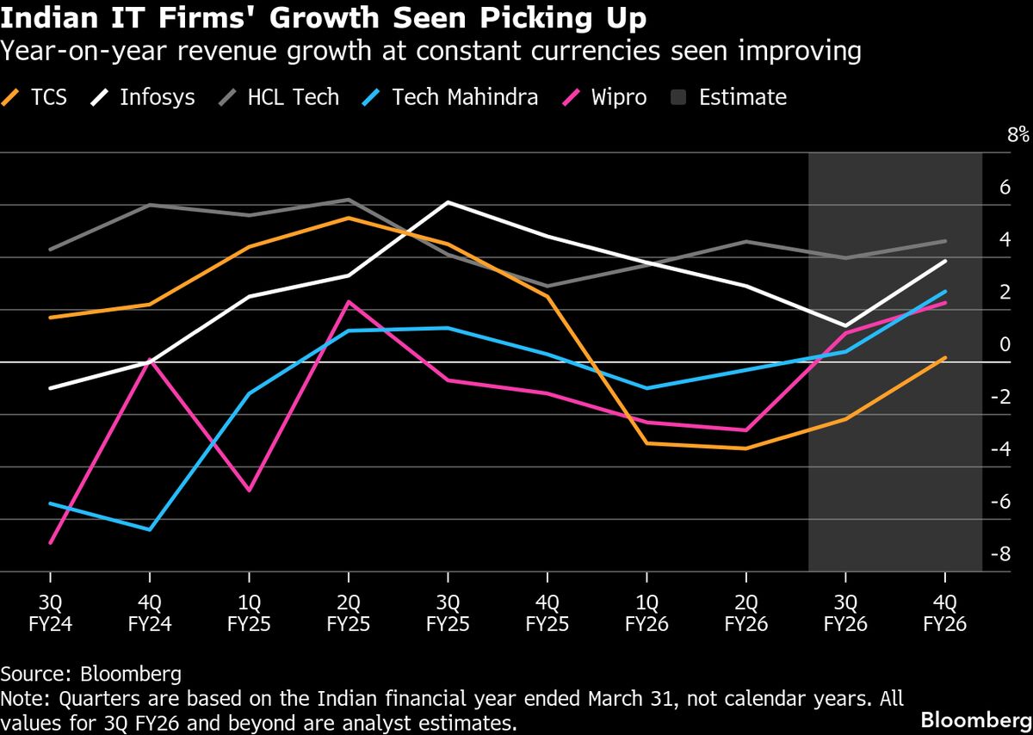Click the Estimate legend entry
tap(728, 97)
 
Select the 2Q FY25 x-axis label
tap(348, 613)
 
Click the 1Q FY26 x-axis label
tap(646, 613)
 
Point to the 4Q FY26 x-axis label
tap(945, 613)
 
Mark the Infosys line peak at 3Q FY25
tap(448, 202)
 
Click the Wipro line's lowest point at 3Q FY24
tap(51, 543)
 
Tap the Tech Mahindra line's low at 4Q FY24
tap(150, 529)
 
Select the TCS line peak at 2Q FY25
tap(348, 218)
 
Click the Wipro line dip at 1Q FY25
tap(250, 491)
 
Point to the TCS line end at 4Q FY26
tap(945, 358)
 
